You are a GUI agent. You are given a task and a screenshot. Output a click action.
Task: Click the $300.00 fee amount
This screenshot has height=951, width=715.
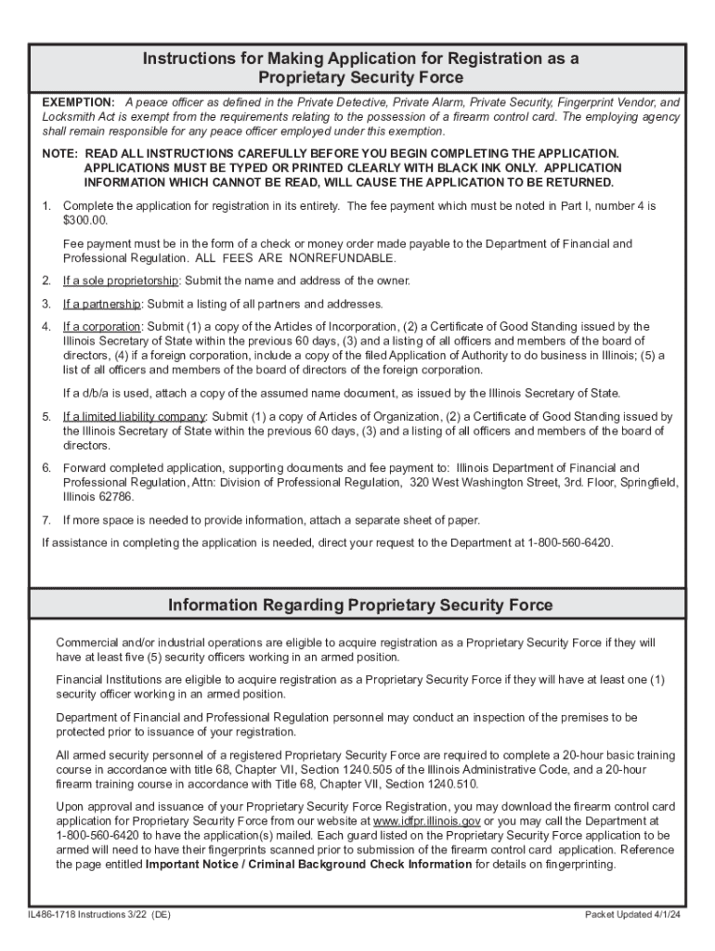point(85,220)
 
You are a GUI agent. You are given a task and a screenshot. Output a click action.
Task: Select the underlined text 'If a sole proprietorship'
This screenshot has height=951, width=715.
point(120,280)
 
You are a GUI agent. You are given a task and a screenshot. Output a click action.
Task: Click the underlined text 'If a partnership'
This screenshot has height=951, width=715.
point(101,304)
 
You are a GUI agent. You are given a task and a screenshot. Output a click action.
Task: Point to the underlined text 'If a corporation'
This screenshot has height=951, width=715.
point(101,327)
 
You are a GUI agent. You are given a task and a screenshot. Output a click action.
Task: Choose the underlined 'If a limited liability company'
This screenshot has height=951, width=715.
point(134,417)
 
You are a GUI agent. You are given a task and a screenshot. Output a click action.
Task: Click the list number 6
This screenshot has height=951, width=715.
point(46,467)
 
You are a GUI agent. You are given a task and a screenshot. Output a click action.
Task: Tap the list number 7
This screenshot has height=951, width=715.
point(46,520)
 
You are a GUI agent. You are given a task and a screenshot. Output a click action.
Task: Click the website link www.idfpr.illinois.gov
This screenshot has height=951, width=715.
point(426,822)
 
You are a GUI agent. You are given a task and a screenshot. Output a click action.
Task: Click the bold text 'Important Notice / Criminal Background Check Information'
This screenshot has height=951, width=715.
point(308,865)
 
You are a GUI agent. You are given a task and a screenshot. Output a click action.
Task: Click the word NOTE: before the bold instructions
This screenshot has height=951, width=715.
point(59,152)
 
